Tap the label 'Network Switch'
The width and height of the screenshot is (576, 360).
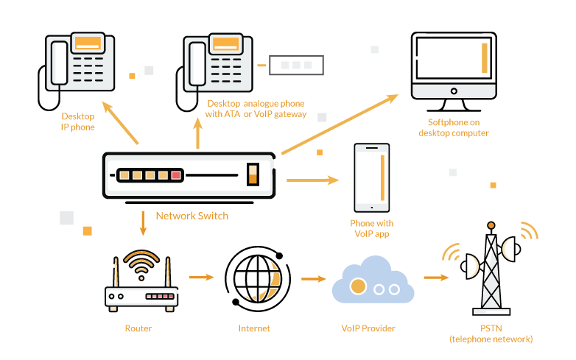point(192,216)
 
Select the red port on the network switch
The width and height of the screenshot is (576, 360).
point(176,175)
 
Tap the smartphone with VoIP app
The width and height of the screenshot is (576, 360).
point(371,177)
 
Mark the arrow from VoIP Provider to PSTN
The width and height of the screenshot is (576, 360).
point(436,278)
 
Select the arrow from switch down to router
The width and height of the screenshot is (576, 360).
point(143,223)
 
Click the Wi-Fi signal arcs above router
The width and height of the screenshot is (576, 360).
point(141,259)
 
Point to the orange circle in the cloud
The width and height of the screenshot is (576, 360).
point(359,286)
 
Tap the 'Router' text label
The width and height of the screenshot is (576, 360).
point(138,328)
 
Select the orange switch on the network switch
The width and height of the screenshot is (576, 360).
point(253,175)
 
